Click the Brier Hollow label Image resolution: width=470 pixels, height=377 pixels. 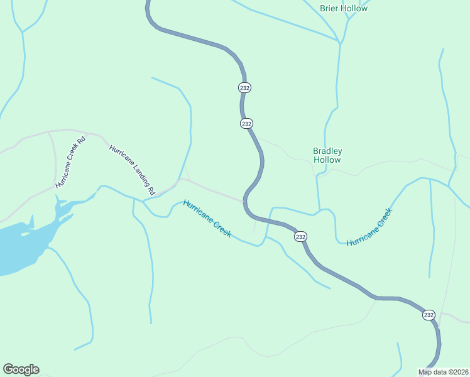(x=343, y=9)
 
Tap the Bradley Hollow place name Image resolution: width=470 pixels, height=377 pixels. (x=327, y=155)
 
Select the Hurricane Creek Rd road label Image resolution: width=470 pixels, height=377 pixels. (x=70, y=161)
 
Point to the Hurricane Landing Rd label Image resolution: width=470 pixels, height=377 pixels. (x=132, y=165)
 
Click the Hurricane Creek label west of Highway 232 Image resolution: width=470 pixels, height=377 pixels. (x=207, y=219)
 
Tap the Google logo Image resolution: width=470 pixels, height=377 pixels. (x=21, y=369)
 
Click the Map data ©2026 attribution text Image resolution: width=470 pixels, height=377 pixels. (x=443, y=371)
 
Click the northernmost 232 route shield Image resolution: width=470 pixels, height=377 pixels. (x=245, y=88)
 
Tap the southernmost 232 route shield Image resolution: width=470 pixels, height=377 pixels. (x=429, y=315)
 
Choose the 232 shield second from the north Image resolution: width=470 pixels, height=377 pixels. (x=246, y=124)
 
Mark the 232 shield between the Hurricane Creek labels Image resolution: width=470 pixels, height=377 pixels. (x=300, y=236)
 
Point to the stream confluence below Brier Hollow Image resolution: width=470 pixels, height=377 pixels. (x=340, y=43)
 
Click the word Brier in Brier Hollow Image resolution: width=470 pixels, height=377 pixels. (x=329, y=9)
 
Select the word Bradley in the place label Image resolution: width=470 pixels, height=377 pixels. (x=327, y=151)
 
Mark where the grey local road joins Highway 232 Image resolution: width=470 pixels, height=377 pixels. (x=244, y=201)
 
